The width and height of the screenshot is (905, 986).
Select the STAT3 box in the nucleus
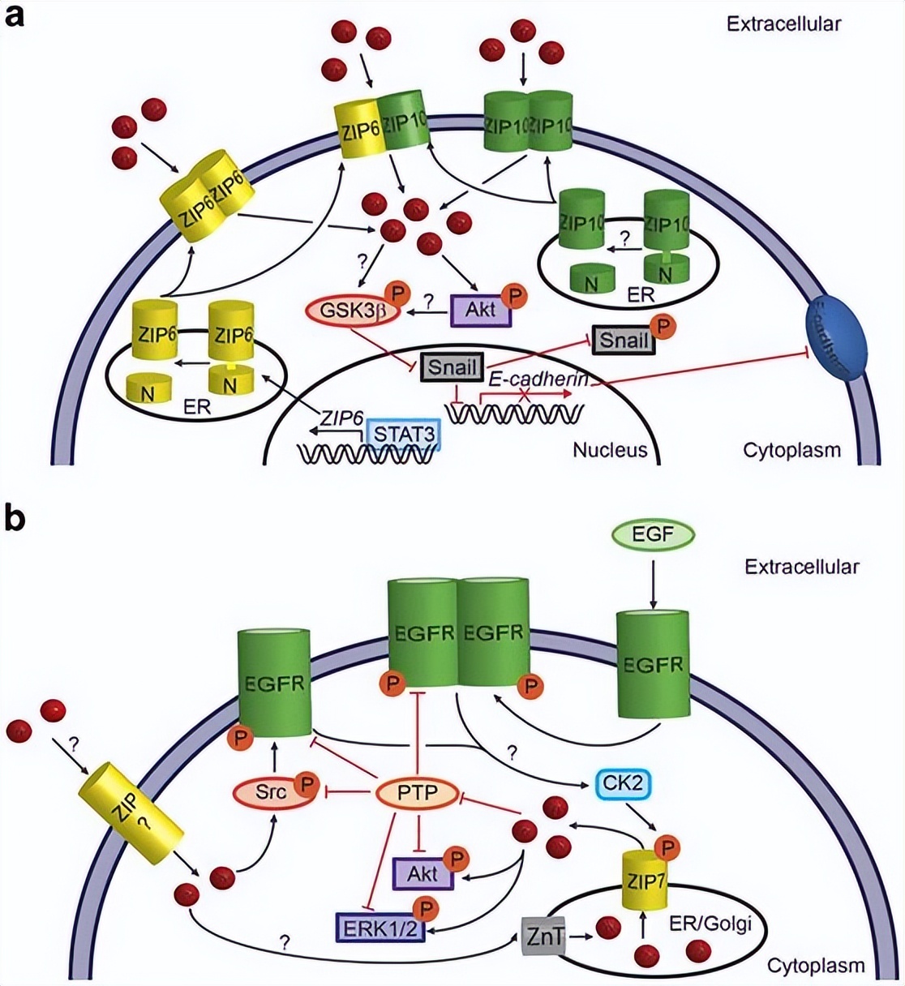404,436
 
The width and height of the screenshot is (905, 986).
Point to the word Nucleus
610,449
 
